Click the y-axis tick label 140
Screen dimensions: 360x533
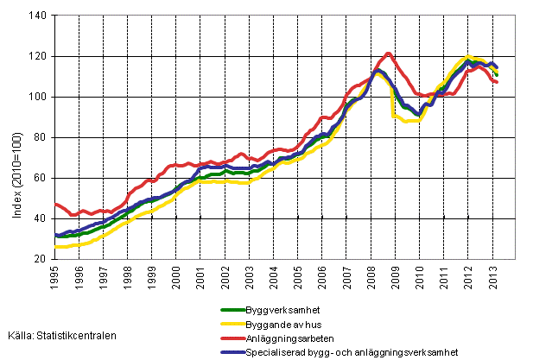click(38, 16)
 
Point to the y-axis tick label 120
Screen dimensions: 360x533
click(38, 56)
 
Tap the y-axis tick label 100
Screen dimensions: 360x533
click(38, 97)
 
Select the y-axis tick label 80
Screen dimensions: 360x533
click(41, 137)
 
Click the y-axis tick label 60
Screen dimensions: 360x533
click(41, 178)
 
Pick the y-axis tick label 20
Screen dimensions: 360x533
click(41, 259)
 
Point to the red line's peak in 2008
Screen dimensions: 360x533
click(387, 54)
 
